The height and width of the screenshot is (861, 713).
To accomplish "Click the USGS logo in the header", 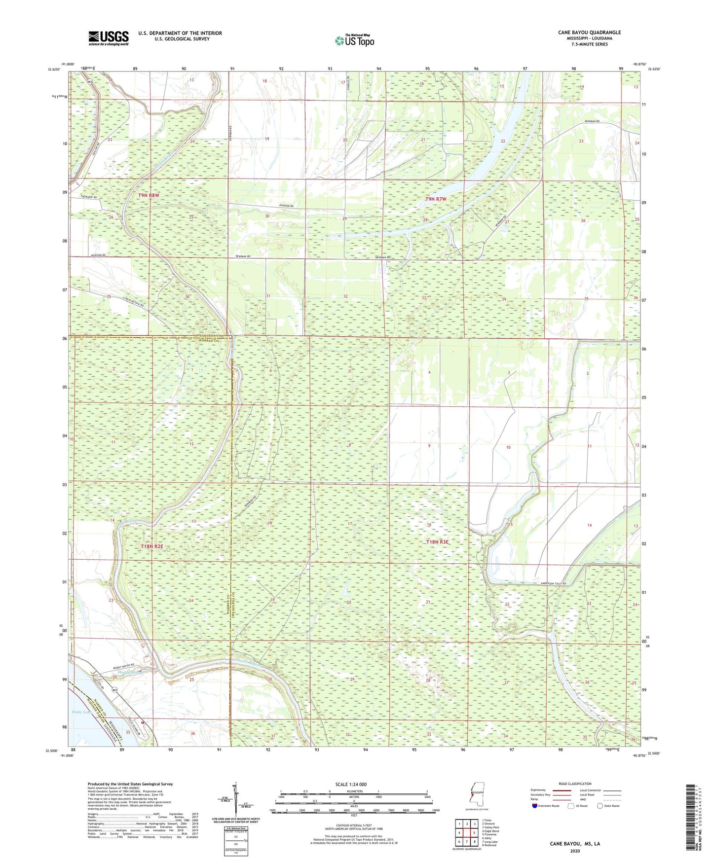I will [108, 37].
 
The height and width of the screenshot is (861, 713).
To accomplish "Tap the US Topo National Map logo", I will [354, 40].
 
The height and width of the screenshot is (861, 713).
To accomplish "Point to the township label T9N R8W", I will [149, 195].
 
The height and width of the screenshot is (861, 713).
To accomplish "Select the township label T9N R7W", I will [436, 199].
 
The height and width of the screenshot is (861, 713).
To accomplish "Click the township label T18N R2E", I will [152, 546].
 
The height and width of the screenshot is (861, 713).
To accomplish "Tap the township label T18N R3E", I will [437, 541].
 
